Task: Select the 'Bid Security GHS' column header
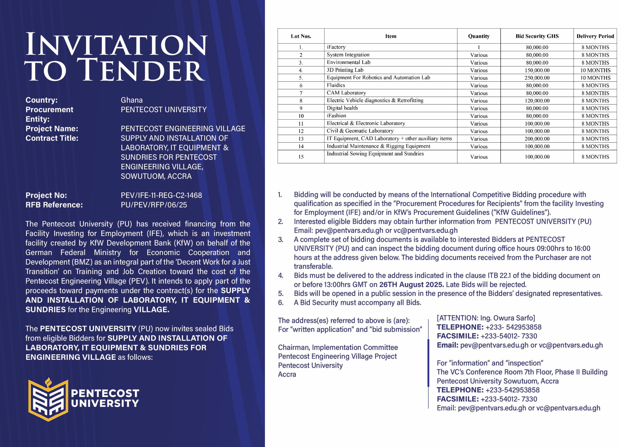point(537,36)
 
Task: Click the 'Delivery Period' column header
point(595,36)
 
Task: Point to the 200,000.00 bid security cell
point(537,139)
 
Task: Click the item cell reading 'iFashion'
point(336,116)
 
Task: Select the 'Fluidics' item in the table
point(336,85)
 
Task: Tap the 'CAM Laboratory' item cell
point(346,93)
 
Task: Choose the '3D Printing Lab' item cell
point(345,70)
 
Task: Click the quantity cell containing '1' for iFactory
point(479,47)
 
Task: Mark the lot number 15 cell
point(301,157)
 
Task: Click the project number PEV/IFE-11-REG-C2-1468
point(161,195)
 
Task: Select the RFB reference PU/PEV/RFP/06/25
point(154,205)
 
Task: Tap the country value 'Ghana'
point(132,100)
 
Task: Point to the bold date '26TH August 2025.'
point(411,285)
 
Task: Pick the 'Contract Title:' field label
point(52,138)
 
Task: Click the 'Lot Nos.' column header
point(301,36)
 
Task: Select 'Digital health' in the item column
point(342,108)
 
